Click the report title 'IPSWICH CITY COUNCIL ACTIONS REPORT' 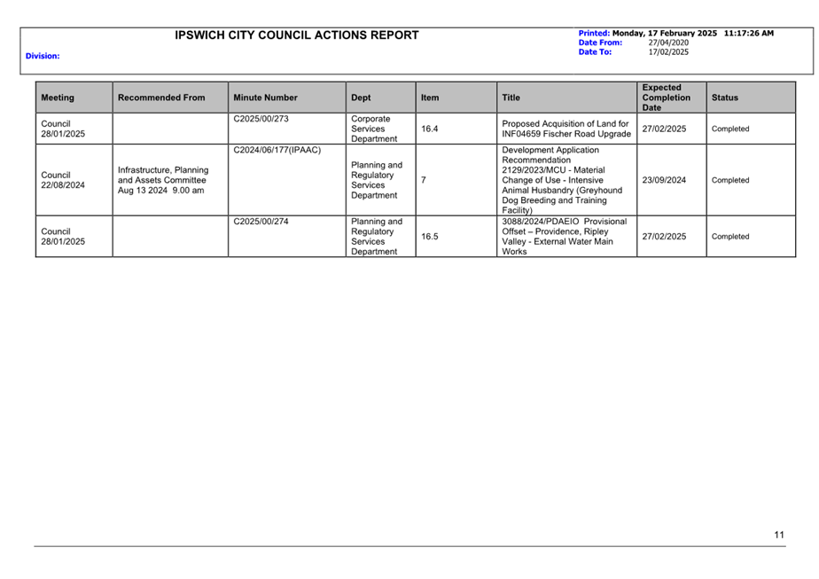297,35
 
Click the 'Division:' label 43,56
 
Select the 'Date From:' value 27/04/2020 668,43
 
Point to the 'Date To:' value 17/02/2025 668,52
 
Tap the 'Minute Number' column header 265,98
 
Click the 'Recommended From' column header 160,98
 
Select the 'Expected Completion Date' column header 666,98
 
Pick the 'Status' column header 724,98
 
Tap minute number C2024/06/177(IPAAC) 277,150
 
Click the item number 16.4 429,129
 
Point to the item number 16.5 429,237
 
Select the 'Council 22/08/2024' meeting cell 63,180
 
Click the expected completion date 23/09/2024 664,180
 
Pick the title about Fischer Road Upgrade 565,129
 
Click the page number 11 778,534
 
